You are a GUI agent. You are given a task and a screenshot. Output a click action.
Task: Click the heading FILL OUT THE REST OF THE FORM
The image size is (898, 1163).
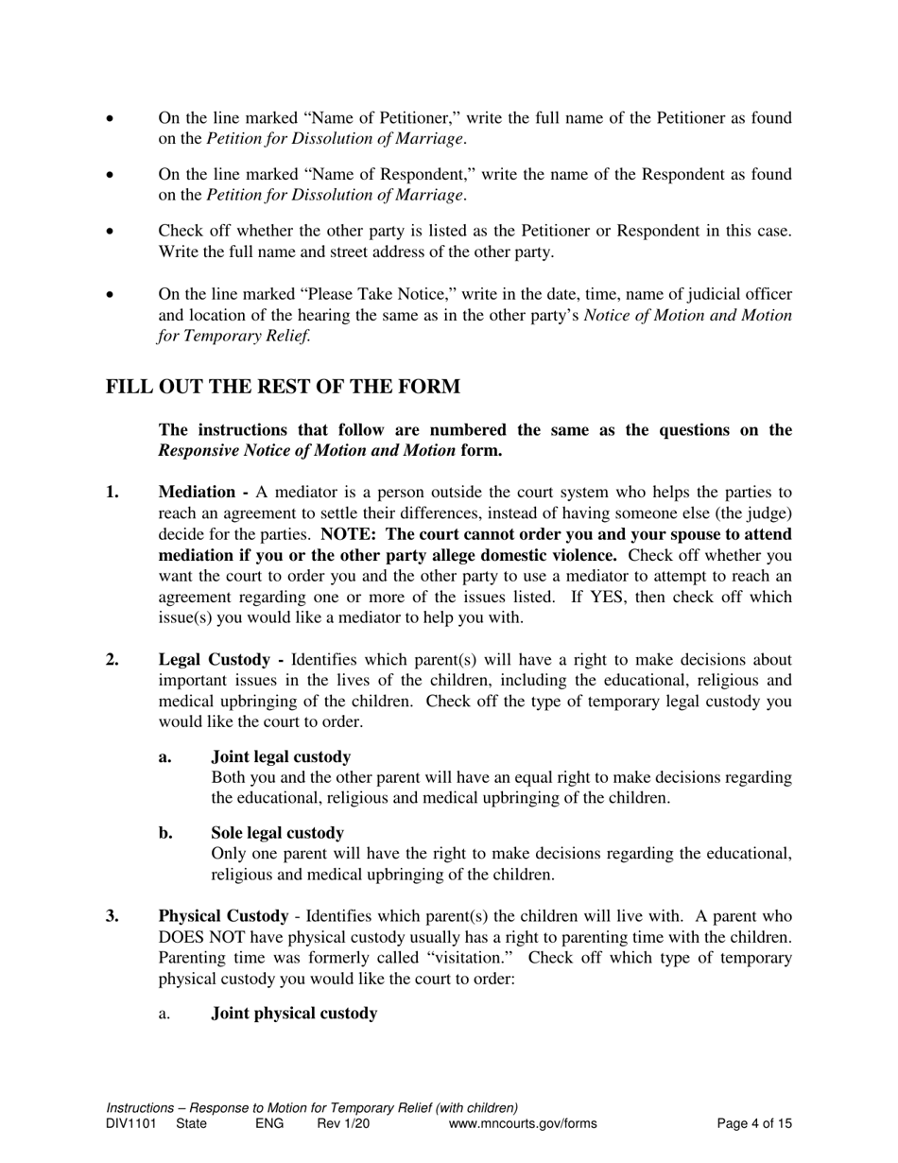pyautogui.click(x=283, y=388)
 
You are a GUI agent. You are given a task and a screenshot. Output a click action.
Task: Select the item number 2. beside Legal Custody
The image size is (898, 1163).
pyautogui.click(x=112, y=660)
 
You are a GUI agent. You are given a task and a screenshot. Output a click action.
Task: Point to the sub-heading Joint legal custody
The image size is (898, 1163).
pyautogui.click(x=281, y=757)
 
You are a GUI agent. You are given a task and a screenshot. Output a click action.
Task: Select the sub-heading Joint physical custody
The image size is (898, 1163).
pyautogui.click(x=294, y=1014)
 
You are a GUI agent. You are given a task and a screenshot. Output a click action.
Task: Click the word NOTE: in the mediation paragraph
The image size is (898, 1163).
pyautogui.click(x=350, y=534)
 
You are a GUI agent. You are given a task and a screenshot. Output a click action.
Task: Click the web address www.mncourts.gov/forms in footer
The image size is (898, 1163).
pyautogui.click(x=523, y=1124)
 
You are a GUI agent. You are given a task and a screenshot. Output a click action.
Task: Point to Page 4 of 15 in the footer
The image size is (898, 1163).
pyautogui.click(x=754, y=1124)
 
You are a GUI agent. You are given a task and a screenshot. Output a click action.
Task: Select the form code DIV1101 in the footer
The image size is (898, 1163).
pyautogui.click(x=131, y=1124)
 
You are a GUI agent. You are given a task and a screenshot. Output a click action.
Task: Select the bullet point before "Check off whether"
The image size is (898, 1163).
pyautogui.click(x=112, y=233)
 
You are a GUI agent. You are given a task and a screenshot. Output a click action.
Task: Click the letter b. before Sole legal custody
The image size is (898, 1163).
pyautogui.click(x=165, y=833)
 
